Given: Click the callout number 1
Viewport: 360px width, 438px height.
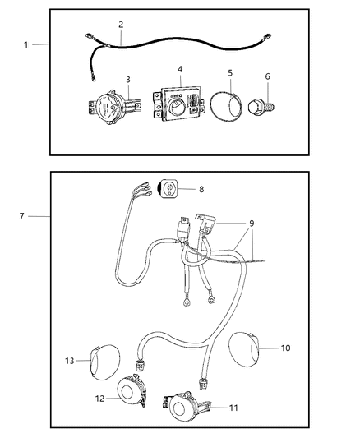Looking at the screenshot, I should tap(25, 44).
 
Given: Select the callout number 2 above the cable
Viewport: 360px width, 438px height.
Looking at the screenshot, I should tap(121, 25).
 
